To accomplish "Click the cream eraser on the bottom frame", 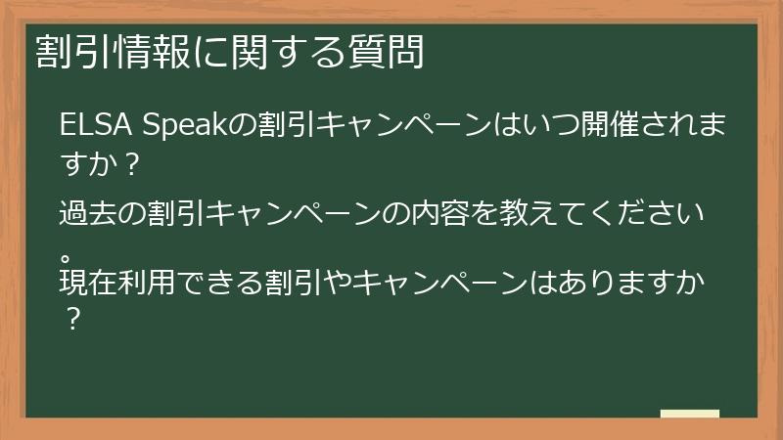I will click(689, 415).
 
